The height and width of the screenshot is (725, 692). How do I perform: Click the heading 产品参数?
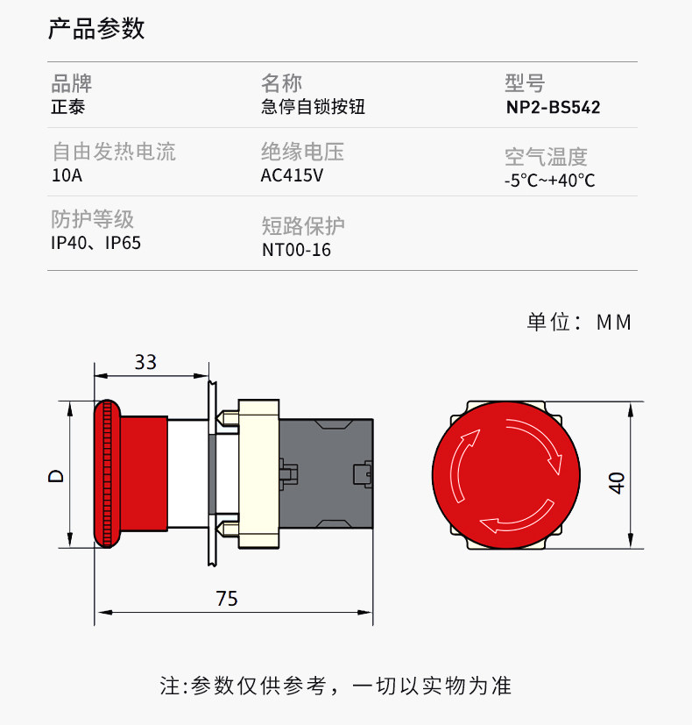[96, 30]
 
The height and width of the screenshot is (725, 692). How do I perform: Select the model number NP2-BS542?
[553, 108]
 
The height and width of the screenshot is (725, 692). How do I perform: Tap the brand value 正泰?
[67, 108]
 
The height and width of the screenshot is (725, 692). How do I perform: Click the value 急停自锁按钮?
[313, 108]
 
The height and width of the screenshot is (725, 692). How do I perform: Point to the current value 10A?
[67, 175]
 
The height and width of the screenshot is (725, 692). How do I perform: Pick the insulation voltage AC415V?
[293, 175]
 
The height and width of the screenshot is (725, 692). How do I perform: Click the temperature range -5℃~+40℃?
[549, 181]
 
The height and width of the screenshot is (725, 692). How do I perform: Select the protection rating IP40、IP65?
[95, 243]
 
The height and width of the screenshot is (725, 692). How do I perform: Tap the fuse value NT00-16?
[296, 250]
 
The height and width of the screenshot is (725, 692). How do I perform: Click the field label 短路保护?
[303, 226]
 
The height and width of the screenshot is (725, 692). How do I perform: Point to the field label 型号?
[525, 83]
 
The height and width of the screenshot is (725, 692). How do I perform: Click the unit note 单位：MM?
[578, 323]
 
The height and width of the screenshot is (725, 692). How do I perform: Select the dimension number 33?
[145, 362]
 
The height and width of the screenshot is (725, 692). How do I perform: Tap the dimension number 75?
[227, 600]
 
